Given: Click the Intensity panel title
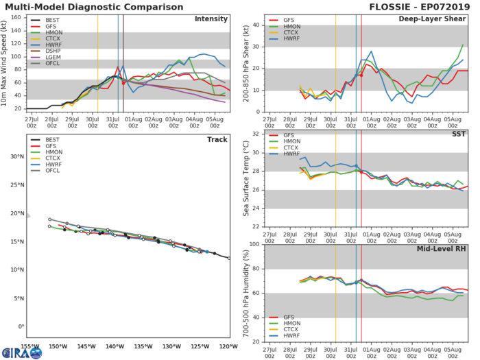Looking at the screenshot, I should [x=211, y=19].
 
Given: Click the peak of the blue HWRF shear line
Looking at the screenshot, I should [x=371, y=51].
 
